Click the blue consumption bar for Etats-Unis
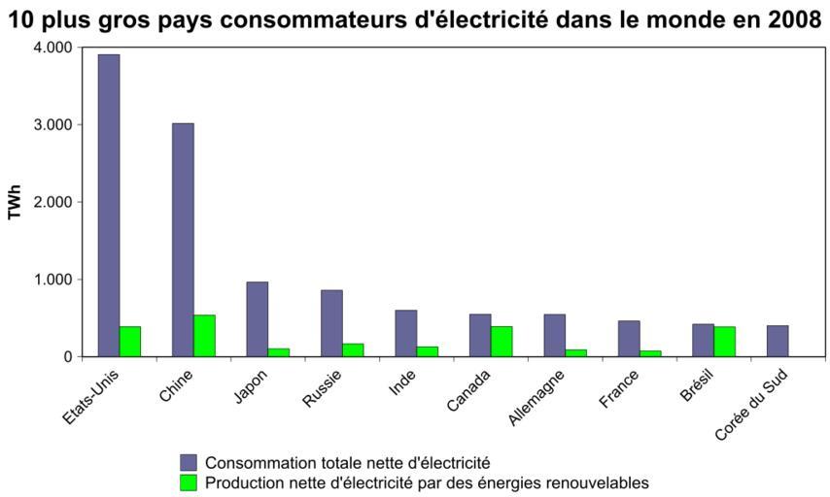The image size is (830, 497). point(108,205)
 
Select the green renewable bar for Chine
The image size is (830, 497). point(204,335)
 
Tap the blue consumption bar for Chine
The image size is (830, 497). point(183,240)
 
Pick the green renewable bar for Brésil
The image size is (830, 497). point(725,341)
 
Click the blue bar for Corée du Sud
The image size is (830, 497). point(777,341)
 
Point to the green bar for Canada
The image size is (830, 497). point(501,341)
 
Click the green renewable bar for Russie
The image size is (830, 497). point(353,349)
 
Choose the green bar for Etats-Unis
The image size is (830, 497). point(130,341)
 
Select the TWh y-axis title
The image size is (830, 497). point(15,202)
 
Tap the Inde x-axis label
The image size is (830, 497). point(401,386)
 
